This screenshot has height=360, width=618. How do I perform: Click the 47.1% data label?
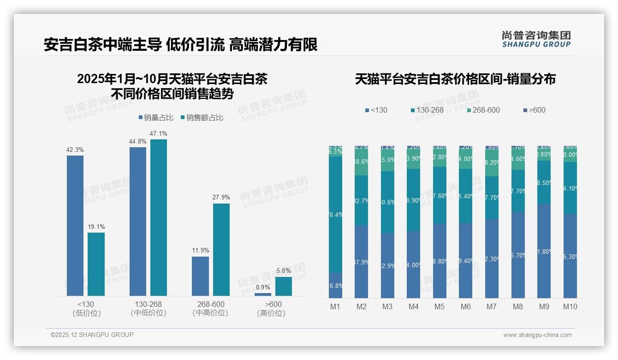pos(159,134)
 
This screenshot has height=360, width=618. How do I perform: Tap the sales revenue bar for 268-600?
pos(221,249)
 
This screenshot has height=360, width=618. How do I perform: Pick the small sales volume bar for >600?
pos(263,294)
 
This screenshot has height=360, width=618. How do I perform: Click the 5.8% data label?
pos(284,271)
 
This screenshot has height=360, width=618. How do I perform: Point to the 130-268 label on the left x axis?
pos(149,304)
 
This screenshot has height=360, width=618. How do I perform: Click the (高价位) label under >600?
pos(271,313)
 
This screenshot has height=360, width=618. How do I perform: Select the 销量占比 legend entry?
pos(156,118)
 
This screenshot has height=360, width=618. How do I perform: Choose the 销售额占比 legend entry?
pos(202,118)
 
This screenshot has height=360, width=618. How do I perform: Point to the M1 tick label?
pos(335,306)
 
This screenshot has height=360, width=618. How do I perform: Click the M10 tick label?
pos(570,306)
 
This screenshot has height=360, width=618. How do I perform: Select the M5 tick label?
pos(440,306)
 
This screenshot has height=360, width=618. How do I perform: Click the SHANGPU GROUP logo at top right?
pos(536,39)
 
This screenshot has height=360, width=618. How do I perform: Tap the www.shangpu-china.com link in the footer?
pos(537,335)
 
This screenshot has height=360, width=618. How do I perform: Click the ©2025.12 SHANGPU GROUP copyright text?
pos(92,335)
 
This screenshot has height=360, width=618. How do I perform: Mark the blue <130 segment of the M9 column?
pos(544,251)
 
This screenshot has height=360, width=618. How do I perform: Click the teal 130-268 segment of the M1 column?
pos(335,215)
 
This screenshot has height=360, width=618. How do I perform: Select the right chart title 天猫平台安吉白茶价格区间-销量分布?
pos(455,79)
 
